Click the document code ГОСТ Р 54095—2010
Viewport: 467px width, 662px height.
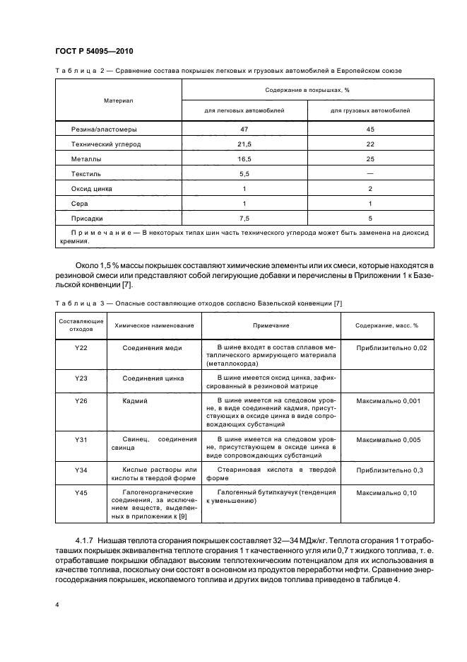pyautogui.click(x=94, y=52)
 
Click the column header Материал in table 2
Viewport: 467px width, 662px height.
pyautogui.click(x=118, y=100)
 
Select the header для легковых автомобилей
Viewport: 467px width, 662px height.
pyautogui.click(x=244, y=110)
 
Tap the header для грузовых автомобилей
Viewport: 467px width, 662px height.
pyautogui.click(x=370, y=110)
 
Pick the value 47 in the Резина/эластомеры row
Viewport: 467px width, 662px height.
pyautogui.click(x=244, y=129)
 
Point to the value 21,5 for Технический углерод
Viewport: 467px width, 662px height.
pyautogui.click(x=244, y=144)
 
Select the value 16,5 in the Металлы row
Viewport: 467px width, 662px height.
pyautogui.click(x=244, y=159)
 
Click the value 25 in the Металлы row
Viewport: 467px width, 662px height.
pyautogui.click(x=370, y=159)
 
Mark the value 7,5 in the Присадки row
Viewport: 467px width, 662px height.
pyautogui.click(x=244, y=219)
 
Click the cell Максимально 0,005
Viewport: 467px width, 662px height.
pyautogui.click(x=389, y=440)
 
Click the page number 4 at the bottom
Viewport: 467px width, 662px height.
pyautogui.click(x=56, y=605)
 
